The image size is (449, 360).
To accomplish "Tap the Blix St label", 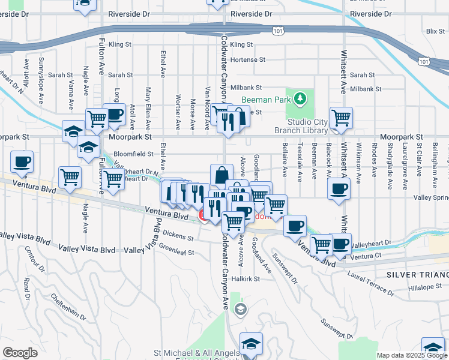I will pos(432,31).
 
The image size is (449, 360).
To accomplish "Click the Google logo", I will pos(20,353).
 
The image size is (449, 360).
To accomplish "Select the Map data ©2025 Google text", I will pos(412,355).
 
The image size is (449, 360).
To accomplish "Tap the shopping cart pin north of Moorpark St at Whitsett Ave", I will pos(341,118).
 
